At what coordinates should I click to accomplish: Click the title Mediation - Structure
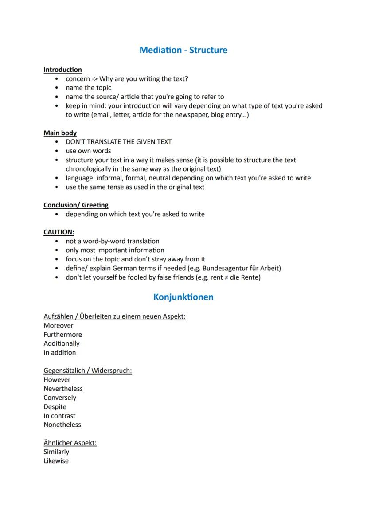point(183,50)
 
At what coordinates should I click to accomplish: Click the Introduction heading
point(62,70)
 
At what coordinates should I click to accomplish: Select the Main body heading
point(60,133)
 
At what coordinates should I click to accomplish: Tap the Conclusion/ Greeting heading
point(76,205)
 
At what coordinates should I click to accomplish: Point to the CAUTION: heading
point(59,232)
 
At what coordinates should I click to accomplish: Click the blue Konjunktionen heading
point(183,297)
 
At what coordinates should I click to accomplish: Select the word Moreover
point(59,326)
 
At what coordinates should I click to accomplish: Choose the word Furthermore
point(62,335)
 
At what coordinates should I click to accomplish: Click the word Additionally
point(62,343)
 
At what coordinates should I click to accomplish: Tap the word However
point(57,380)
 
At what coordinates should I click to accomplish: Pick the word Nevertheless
point(63,389)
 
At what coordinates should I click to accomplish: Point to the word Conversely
point(60,398)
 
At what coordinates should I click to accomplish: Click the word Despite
point(55,407)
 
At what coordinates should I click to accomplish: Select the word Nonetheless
point(62,425)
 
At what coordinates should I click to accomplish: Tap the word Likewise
point(56,461)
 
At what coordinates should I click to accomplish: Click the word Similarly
point(56,452)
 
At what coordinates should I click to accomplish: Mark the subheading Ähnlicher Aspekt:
point(70,443)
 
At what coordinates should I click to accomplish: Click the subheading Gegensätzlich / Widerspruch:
point(87,371)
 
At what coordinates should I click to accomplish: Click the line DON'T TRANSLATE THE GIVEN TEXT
point(118,142)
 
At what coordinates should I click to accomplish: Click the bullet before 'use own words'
point(57,151)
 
